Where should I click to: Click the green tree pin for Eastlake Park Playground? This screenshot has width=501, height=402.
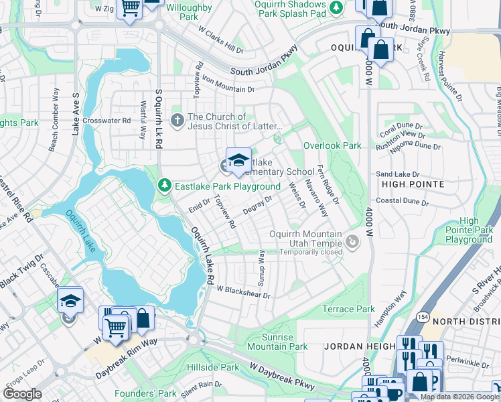click(x=165, y=185)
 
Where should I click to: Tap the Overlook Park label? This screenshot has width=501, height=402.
click(x=332, y=145)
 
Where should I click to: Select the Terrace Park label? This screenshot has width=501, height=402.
click(x=348, y=309)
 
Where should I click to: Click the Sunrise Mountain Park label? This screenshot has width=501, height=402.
click(x=277, y=341)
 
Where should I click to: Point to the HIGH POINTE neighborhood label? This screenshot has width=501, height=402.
click(x=413, y=184)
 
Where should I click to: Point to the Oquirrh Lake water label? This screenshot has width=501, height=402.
click(x=81, y=230)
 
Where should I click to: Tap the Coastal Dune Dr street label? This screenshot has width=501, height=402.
click(x=410, y=199)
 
